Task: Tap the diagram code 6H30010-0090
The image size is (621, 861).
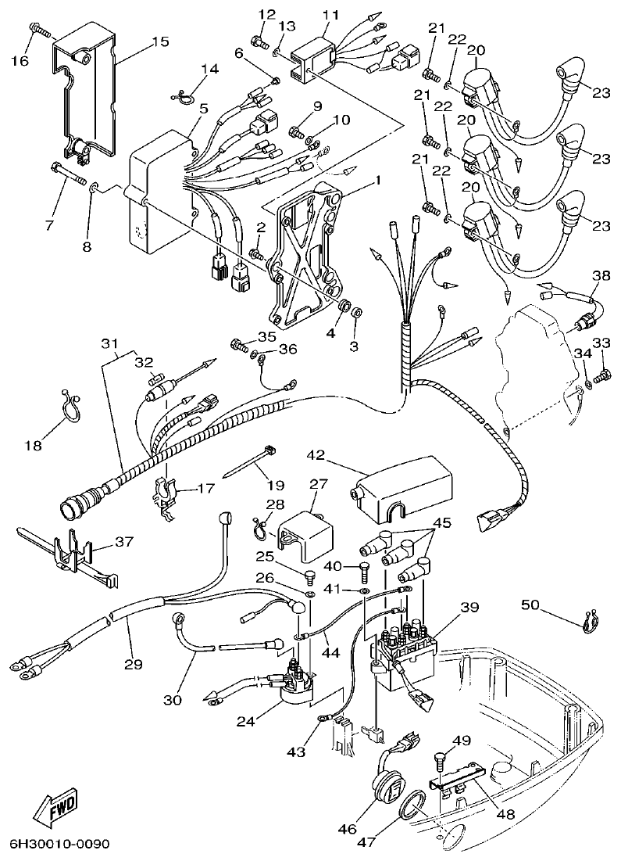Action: pyautogui.click(x=59, y=845)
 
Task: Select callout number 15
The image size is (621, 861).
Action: pyautogui.click(x=159, y=41)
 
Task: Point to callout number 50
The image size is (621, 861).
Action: pyautogui.click(x=530, y=604)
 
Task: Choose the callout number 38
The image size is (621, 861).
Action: pyautogui.click(x=600, y=275)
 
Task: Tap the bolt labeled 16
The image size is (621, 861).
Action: pyautogui.click(x=41, y=30)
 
